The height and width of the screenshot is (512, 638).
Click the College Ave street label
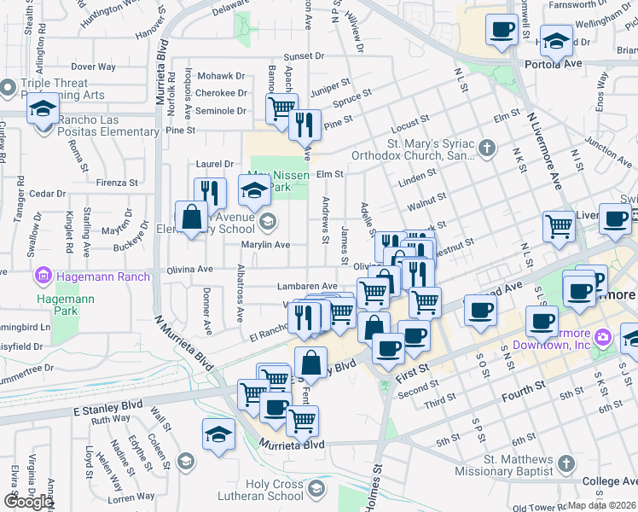click(608, 482)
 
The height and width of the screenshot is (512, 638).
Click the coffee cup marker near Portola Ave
click(501, 31)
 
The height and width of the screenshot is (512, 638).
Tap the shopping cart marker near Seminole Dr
click(281, 108)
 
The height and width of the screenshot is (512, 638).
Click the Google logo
click(28, 502)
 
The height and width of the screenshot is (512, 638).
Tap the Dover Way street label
click(94, 66)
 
